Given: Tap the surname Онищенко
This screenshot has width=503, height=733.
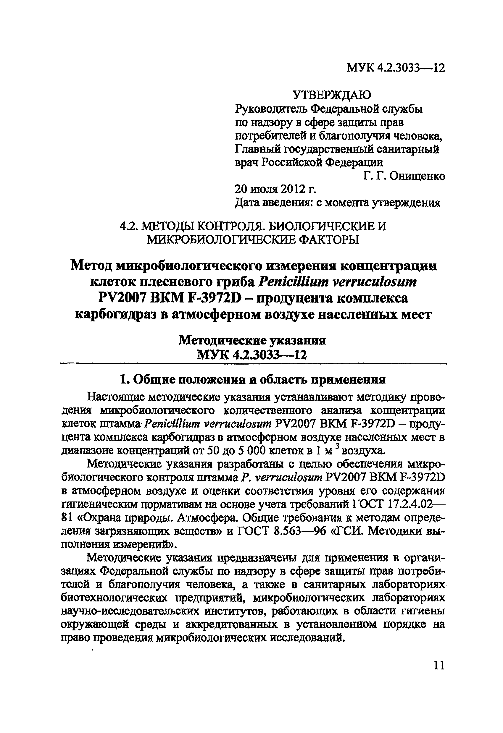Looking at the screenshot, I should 417,176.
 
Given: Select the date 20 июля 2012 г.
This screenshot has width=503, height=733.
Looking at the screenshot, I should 275,189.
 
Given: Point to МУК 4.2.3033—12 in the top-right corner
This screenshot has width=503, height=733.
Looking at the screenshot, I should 396,68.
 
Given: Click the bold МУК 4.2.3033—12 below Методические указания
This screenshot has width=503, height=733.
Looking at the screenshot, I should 251,355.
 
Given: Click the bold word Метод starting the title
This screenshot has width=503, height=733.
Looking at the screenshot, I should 91,266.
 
